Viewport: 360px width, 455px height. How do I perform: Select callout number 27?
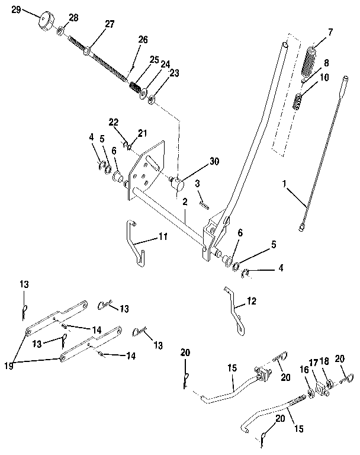[111, 24]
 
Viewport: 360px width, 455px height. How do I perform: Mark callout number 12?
[252, 301]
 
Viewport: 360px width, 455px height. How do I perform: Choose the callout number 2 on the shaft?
[185, 201]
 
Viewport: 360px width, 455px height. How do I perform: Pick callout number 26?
[143, 40]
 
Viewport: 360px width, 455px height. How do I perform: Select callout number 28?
[73, 19]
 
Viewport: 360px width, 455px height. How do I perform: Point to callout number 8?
[326, 62]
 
